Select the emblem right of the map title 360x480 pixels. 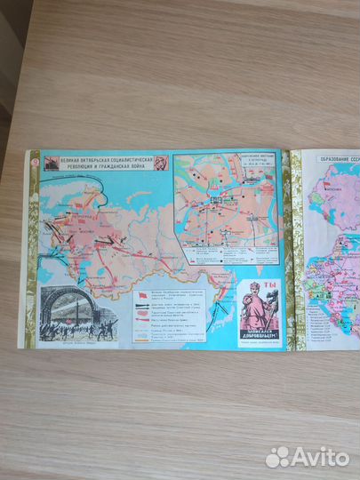(161, 163)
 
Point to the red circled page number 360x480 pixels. (34, 159)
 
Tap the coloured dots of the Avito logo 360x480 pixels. (279, 456)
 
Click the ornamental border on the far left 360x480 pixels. (33, 249)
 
